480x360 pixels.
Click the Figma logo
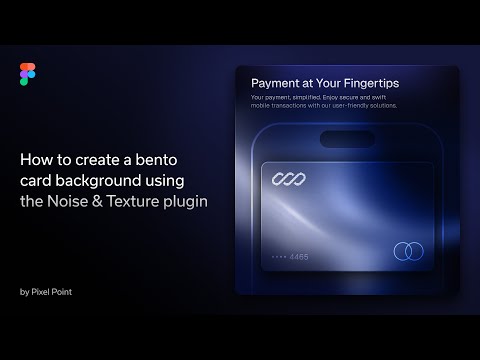click(x=26, y=73)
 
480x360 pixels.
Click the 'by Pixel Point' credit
click(x=44, y=292)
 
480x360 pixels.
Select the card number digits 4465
click(x=299, y=256)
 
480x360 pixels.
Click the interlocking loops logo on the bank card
click(x=288, y=179)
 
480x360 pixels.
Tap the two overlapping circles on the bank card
click(x=408, y=250)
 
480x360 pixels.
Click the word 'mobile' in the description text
click(x=262, y=105)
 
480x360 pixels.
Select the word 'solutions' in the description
click(x=380, y=105)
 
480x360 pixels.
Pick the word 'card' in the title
click(x=36, y=179)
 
